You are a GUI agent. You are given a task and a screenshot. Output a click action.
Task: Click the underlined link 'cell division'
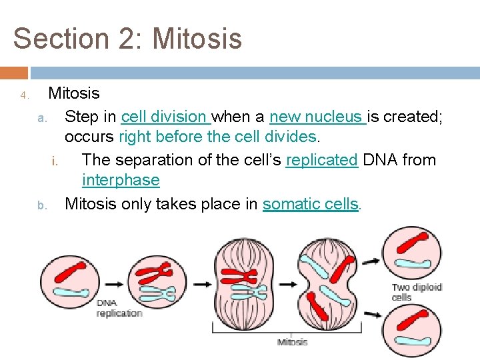coord(165,117)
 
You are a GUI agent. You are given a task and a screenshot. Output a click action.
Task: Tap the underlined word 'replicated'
coord(321,160)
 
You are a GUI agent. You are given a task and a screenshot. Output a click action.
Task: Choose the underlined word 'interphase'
coord(121,180)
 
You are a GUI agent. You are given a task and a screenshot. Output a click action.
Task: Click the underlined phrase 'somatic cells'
coord(311,203)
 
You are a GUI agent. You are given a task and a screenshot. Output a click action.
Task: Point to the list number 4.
coord(23,95)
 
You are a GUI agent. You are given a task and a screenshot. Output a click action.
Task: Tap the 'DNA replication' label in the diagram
coord(119,308)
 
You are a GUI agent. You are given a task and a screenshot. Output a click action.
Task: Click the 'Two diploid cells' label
coord(416,292)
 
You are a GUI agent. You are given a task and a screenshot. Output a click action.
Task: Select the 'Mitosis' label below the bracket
coord(292,342)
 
